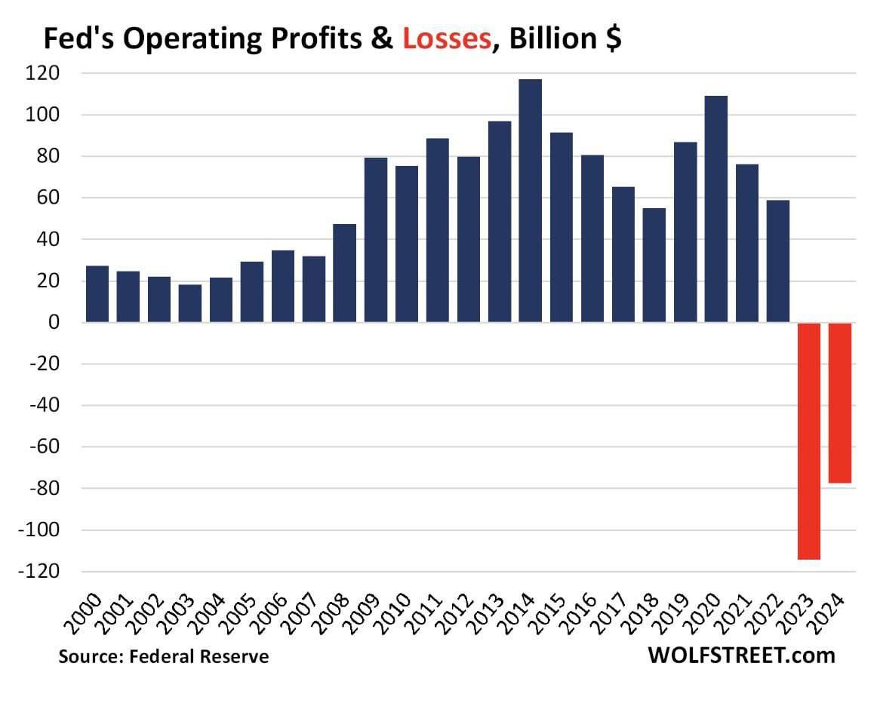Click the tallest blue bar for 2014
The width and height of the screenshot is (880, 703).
[530, 201]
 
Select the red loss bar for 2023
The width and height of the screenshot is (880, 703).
[809, 441]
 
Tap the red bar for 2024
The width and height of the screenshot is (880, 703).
[840, 403]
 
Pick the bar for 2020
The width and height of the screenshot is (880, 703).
[715, 209]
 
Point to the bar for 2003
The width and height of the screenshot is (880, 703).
[190, 303]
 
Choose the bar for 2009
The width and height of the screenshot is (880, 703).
[376, 240]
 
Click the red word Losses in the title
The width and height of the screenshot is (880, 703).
[447, 39]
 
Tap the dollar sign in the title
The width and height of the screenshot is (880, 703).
[613, 39]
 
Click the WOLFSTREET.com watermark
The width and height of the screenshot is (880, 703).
[741, 655]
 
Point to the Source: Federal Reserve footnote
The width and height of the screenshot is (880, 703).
[164, 656]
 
